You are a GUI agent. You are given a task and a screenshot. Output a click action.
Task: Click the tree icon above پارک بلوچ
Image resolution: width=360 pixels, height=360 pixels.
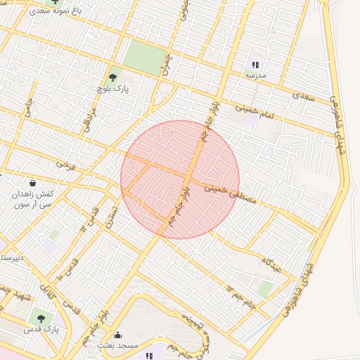[x=112, y=77]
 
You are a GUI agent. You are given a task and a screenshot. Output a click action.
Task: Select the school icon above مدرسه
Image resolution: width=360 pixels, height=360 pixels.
[x=255, y=64]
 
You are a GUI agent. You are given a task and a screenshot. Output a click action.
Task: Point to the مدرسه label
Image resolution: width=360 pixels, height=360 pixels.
[x=255, y=75]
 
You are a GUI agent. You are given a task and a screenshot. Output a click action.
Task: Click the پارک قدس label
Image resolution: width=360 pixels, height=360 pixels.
[x=41, y=329]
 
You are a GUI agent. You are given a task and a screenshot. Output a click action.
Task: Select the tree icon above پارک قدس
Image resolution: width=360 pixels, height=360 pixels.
[x=41, y=318]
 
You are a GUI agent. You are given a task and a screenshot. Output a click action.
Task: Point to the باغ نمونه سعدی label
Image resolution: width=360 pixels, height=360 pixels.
[x=54, y=13]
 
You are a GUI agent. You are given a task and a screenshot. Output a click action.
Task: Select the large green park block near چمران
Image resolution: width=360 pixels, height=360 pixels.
[x=147, y=56]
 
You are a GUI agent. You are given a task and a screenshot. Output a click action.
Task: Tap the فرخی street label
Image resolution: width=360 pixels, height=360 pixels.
[x=65, y=165]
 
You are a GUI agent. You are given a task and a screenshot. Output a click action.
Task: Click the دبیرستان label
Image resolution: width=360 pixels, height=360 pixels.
[x=12, y=258]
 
